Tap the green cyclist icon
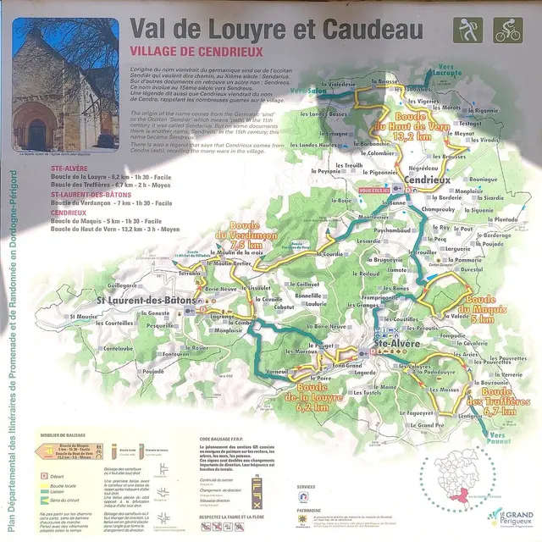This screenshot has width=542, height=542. (507, 31)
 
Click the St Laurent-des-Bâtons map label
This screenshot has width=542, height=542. (147, 301)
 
